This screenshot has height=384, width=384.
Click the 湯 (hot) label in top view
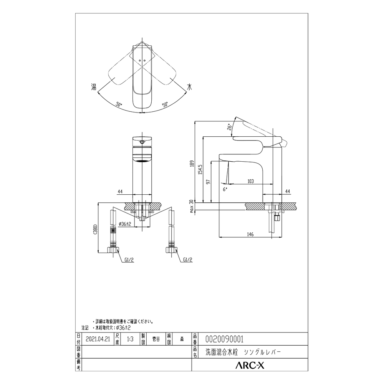(x=93, y=87)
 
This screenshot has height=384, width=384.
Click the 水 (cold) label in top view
(x=189, y=87)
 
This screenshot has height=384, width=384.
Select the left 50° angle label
(x=119, y=104)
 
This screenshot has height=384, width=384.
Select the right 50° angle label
(x=165, y=104)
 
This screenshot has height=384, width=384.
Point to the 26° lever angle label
(x=229, y=127)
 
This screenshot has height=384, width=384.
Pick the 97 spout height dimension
(x=209, y=182)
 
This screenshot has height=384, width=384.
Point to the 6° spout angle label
(x=225, y=189)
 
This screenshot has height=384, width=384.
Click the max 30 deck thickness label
(x=191, y=206)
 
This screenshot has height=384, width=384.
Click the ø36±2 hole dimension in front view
(x=125, y=224)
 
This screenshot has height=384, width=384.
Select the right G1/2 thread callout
(x=188, y=260)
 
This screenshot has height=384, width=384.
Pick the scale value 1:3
(x=131, y=339)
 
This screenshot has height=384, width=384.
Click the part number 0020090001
(x=225, y=339)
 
